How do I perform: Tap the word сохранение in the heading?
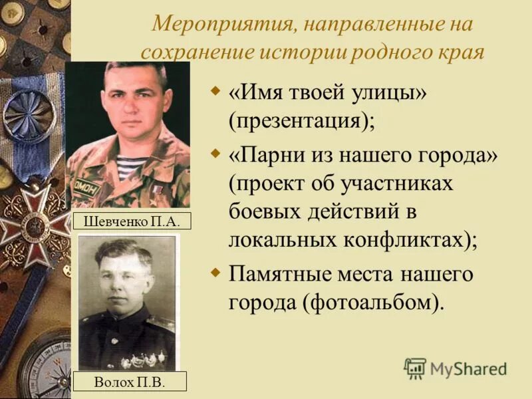tap(192, 52)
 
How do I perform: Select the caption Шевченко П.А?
tap(132, 221)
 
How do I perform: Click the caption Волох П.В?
tap(130, 382)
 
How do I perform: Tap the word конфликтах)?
tap(412, 239)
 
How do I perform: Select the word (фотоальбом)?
tap(374, 302)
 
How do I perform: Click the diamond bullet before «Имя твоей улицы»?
tap(215, 89)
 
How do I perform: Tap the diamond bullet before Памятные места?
tap(215, 272)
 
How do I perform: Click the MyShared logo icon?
tap(415, 368)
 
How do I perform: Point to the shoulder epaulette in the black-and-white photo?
tap(164, 322)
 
